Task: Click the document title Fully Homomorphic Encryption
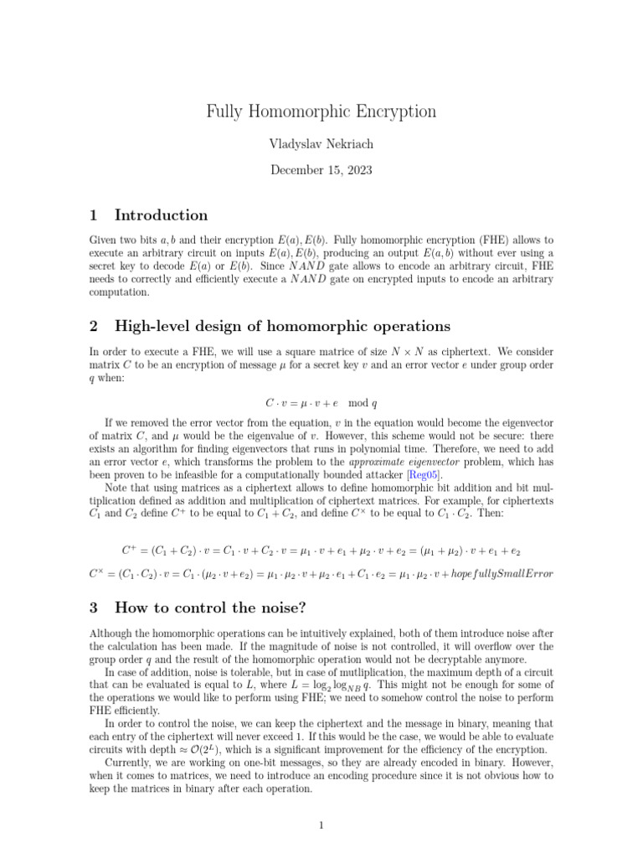[x=321, y=111]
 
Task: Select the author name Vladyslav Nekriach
[x=321, y=144]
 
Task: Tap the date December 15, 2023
[x=321, y=170]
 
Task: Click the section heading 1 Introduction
[x=148, y=215]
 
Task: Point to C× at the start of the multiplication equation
[x=96, y=574]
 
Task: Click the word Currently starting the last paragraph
[x=130, y=763]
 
